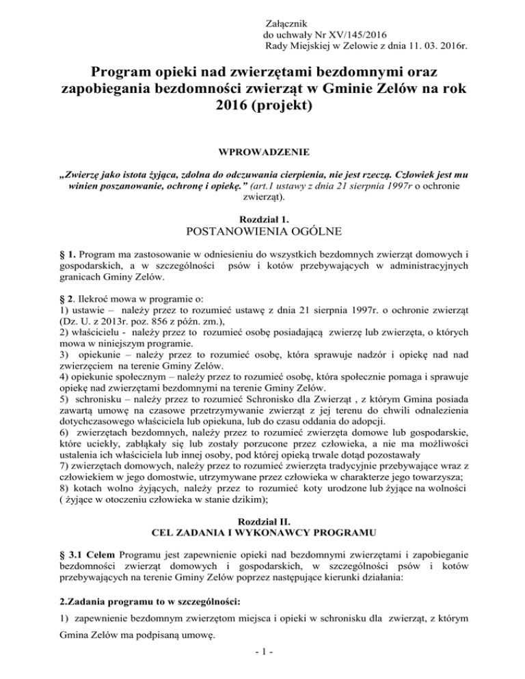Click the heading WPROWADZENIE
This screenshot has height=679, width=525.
pyautogui.click(x=262, y=151)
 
